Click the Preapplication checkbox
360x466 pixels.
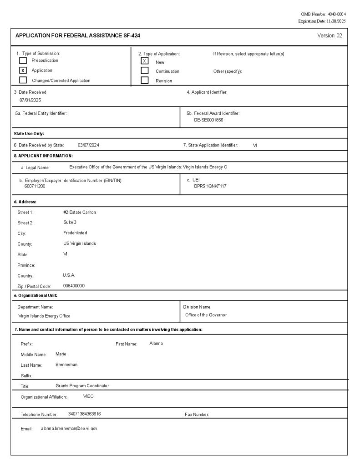23,61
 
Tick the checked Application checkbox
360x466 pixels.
23,71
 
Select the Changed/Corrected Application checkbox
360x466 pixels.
23,80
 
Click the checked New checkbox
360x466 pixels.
145,61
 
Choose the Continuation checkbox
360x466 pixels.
145,71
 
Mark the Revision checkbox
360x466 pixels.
145,81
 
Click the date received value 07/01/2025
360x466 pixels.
30,100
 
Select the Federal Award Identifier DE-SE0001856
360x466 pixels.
208,120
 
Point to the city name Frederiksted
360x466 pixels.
75,233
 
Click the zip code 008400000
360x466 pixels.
74,286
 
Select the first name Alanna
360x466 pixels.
156,343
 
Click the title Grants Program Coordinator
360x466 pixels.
82,386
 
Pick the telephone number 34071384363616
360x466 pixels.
84,414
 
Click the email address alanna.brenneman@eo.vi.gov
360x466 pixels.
69,429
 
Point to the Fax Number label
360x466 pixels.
197,415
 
